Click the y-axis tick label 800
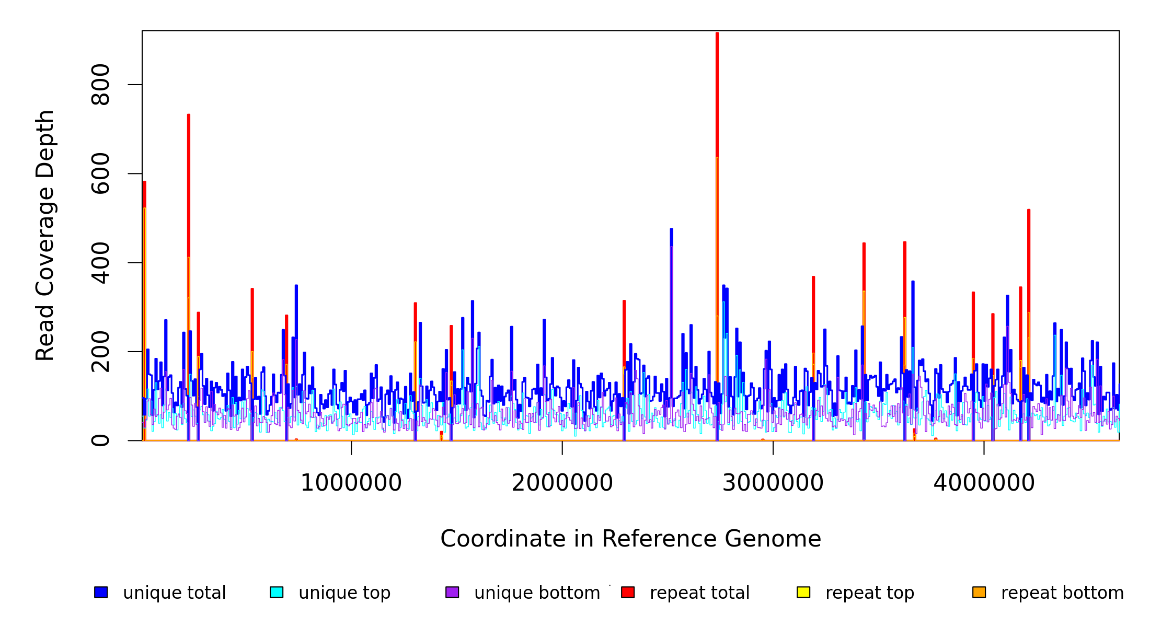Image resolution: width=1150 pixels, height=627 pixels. tap(100, 85)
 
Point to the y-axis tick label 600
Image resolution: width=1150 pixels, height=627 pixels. tap(100, 173)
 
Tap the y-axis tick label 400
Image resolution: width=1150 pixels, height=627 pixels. tap(100, 262)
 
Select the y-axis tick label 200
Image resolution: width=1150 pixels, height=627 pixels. tap(100, 352)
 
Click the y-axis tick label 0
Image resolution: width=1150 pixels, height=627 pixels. tap(100, 440)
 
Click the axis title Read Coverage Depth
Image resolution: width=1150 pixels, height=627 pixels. tap(45, 235)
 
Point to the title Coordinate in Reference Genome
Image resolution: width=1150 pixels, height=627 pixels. tap(630, 539)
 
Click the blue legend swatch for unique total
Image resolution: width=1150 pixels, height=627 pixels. tap(101, 592)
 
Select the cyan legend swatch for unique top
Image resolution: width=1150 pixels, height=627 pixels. tap(277, 592)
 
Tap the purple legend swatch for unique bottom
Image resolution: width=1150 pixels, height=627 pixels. tap(452, 592)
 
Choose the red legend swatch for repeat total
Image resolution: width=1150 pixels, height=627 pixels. tap(628, 592)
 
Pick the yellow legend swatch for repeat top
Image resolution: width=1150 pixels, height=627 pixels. tap(803, 592)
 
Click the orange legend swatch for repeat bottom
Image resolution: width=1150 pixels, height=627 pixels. tap(979, 592)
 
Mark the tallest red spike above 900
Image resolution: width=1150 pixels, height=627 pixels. tap(717, 37)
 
